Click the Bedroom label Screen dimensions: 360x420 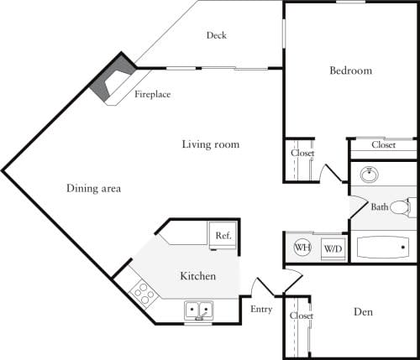tap(350, 70)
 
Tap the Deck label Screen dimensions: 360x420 tap(216, 35)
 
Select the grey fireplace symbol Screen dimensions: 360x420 tap(111, 81)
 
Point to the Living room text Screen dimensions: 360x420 tap(211, 144)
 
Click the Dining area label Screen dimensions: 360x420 tap(93, 189)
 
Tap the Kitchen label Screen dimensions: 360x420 tap(198, 276)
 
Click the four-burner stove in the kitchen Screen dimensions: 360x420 tap(143, 294)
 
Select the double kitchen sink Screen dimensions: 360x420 tap(199, 310)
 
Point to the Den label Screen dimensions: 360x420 tap(363, 312)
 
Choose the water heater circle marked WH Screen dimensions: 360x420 tap(303, 248)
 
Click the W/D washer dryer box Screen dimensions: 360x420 tap(333, 248)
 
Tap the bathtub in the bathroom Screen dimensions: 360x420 tap(383, 248)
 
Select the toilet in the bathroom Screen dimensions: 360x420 tap(409, 206)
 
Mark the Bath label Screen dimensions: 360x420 tap(380, 206)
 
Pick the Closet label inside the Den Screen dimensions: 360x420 tap(301, 316)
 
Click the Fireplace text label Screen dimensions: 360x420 tap(153, 95)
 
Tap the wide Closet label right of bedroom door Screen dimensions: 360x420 tap(383, 145)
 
